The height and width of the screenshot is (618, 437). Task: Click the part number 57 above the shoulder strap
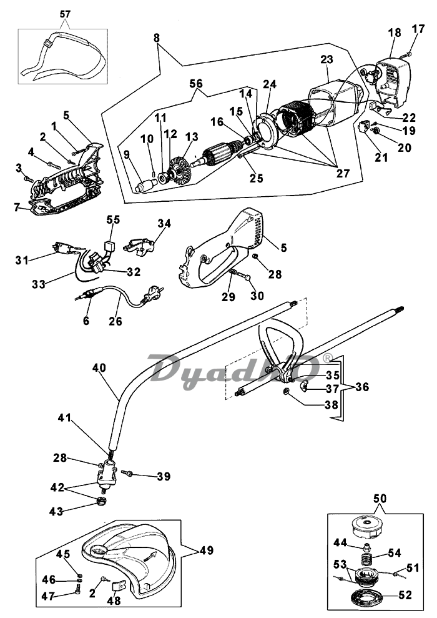pos(65,14)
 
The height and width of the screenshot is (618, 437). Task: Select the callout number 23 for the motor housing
pos(327,59)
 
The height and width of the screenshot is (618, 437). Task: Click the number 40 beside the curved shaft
pos(99,367)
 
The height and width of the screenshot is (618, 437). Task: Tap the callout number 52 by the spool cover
pos(405,595)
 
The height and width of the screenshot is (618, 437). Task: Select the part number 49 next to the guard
pos(207,550)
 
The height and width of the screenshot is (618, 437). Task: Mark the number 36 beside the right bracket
pos(362,387)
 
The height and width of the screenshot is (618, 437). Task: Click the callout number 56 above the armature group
pos(195,84)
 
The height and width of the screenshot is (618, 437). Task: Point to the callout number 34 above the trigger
pos(165,224)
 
